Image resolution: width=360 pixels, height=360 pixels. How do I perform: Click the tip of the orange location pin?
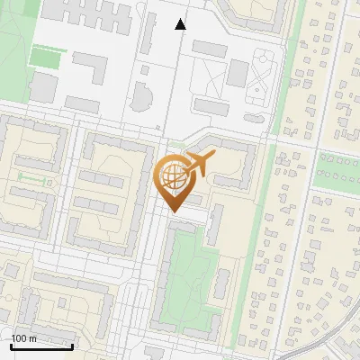(175, 211)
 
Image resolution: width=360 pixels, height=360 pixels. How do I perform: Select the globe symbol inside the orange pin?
(173, 176)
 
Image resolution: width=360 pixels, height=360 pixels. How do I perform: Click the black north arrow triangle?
(181, 24)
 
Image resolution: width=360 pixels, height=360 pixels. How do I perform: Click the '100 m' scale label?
(23, 338)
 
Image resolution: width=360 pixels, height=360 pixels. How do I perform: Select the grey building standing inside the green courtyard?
(221, 283)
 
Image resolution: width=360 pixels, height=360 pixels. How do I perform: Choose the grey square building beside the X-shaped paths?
(237, 73)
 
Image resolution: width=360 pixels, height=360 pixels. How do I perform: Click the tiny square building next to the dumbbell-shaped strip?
(51, 183)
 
